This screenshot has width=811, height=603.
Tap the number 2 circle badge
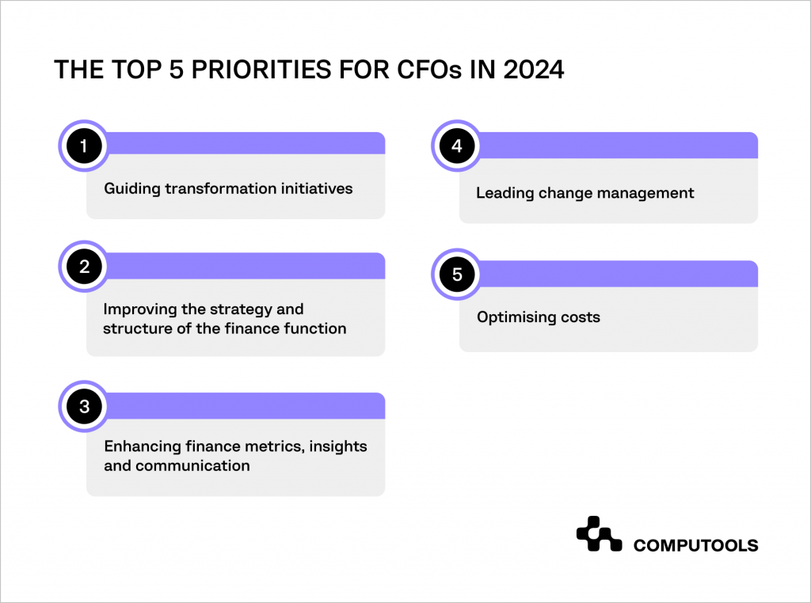click(83, 267)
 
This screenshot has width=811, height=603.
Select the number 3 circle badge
click(83, 407)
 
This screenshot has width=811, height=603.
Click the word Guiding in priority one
click(130, 189)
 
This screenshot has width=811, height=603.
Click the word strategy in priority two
click(228, 309)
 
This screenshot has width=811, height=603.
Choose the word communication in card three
click(192, 465)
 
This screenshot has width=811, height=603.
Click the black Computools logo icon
click(599, 534)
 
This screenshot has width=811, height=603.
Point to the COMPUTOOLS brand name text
click(695, 545)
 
